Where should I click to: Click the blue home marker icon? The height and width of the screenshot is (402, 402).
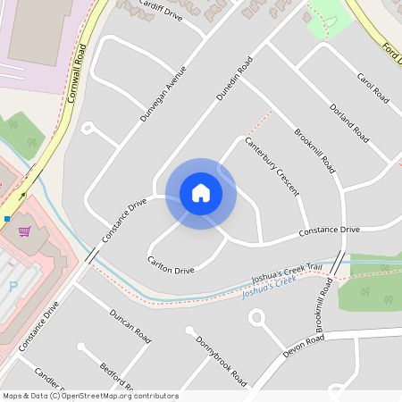click(x=201, y=193)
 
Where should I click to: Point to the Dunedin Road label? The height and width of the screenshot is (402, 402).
click(x=235, y=78)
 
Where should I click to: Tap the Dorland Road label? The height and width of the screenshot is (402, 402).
click(x=348, y=122)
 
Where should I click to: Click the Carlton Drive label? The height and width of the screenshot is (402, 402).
click(x=171, y=265)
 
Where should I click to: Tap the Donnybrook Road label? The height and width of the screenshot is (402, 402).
click(x=221, y=362)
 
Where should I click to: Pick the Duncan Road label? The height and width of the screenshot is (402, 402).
click(x=130, y=327)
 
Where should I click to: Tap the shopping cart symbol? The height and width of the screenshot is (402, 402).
click(x=24, y=231)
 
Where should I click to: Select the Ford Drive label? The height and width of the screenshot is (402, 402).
click(x=391, y=51)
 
